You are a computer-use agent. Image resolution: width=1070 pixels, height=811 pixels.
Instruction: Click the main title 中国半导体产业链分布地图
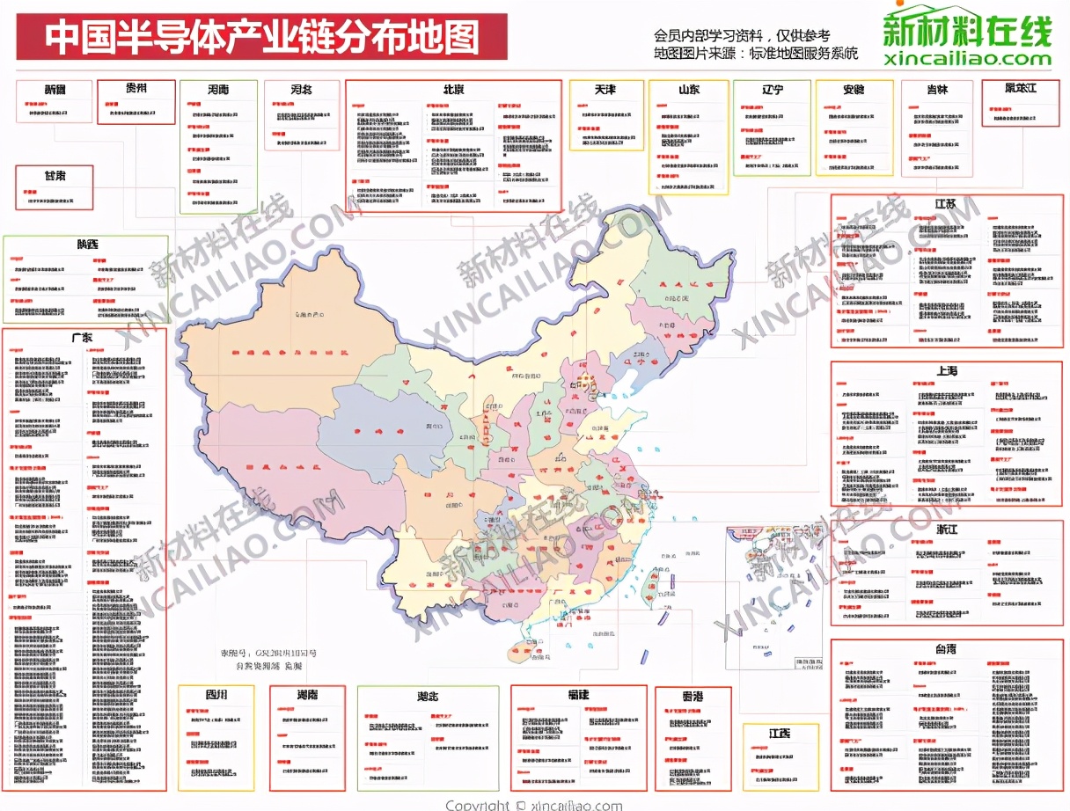261,38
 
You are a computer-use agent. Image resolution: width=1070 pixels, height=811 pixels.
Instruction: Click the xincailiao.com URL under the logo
967,59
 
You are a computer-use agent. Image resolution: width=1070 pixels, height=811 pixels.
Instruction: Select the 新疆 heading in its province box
55,90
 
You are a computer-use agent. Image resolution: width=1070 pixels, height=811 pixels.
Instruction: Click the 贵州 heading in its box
136,88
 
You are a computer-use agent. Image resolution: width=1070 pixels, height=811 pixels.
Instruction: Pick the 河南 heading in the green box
218,90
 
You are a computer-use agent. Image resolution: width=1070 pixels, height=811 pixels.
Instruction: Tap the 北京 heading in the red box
453,90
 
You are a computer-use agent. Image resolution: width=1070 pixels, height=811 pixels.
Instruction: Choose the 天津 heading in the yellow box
605,90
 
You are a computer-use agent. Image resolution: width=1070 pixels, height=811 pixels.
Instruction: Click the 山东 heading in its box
688,90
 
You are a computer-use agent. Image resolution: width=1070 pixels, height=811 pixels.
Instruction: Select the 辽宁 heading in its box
772,90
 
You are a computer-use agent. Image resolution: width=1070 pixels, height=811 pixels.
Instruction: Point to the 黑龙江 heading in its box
1021,88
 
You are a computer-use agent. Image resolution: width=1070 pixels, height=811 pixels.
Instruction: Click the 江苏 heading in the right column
946,204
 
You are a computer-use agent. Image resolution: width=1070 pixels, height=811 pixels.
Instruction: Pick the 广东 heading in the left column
84,338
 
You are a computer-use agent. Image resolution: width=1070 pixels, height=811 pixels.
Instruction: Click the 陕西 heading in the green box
85,244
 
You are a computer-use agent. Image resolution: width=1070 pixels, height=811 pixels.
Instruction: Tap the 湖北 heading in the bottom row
428,695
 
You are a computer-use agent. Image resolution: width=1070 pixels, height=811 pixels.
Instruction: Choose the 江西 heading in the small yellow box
779,733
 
